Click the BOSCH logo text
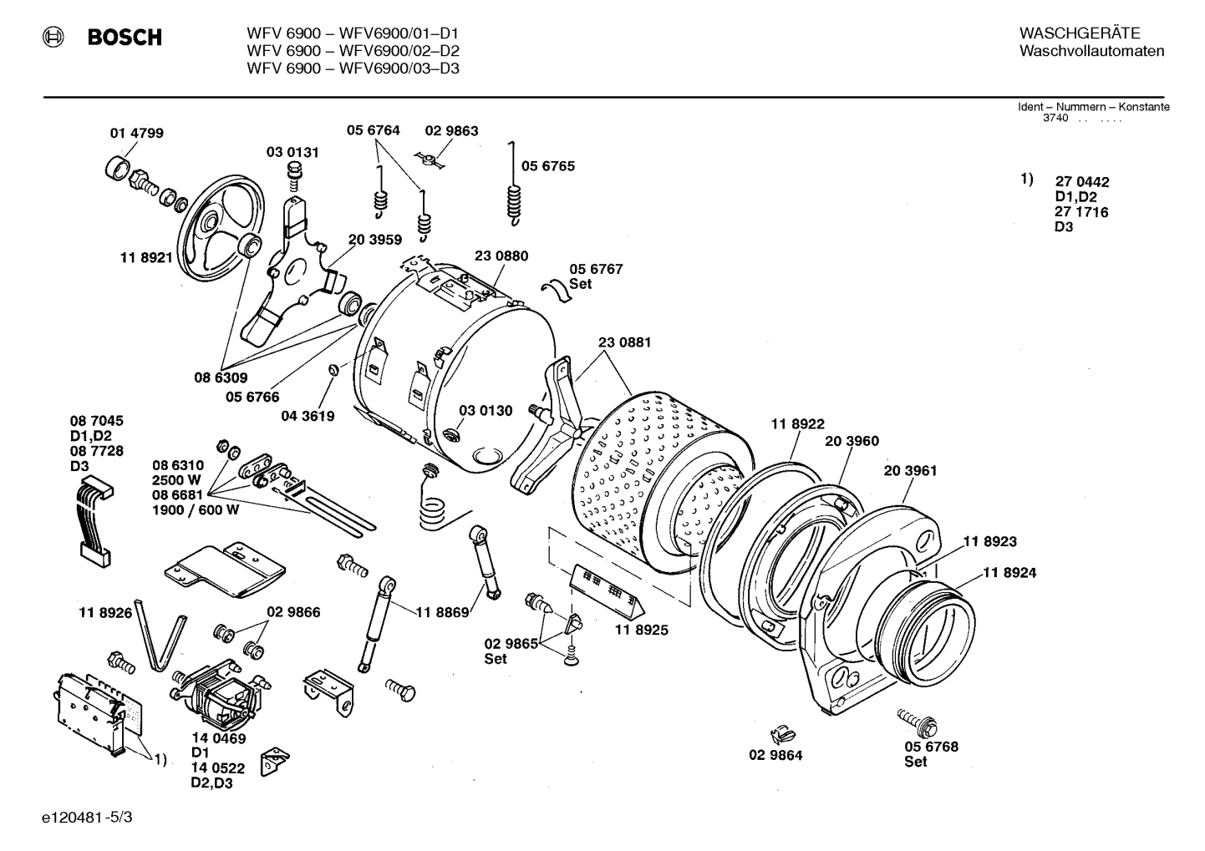124,38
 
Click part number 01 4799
137,133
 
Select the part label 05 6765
548,166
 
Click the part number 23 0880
501,256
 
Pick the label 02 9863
451,130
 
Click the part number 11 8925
642,630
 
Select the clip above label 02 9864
781,735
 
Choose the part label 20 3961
910,470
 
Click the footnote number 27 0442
1081,181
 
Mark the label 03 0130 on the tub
486,410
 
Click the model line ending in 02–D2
353,51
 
